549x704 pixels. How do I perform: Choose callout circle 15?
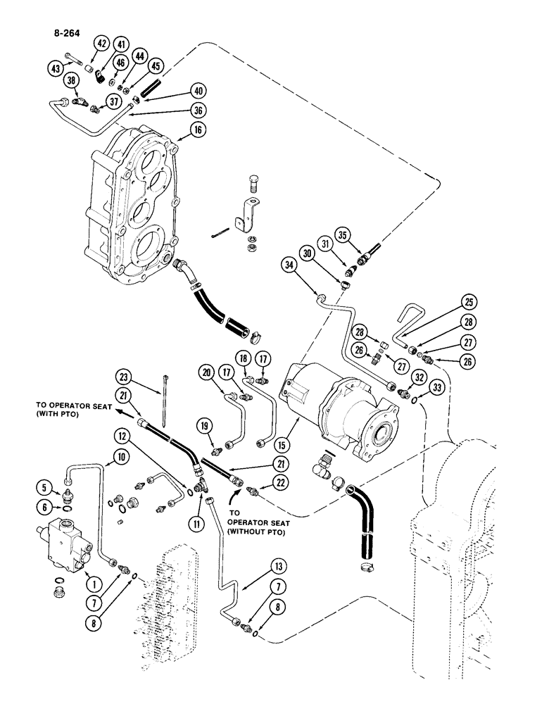(x=282, y=447)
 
